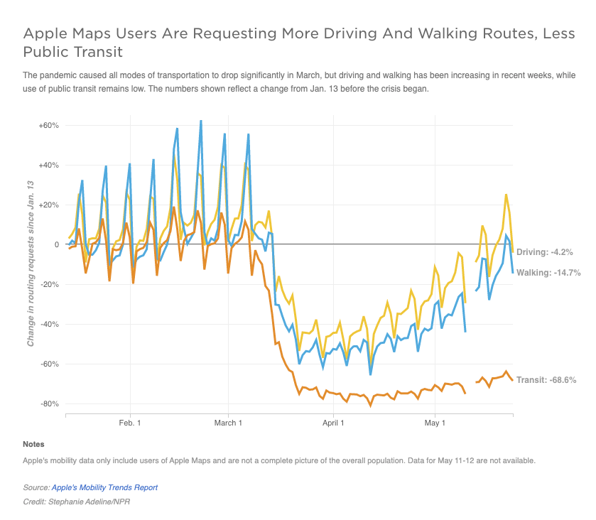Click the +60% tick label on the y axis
pyautogui.click(x=49, y=126)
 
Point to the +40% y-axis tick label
pyautogui.click(x=49, y=166)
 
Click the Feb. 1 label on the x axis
pyautogui.click(x=131, y=423)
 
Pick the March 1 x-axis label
pyautogui.click(x=228, y=423)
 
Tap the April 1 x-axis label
pyautogui.click(x=333, y=423)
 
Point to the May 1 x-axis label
pyautogui.click(x=435, y=423)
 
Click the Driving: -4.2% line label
pyautogui.click(x=544, y=252)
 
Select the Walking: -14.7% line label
pyautogui.click(x=548, y=273)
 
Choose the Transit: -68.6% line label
pyautogui.click(x=546, y=380)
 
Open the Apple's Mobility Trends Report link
pyautogui.click(x=104, y=488)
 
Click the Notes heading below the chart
pyautogui.click(x=33, y=445)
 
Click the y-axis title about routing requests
pyautogui.click(x=31, y=264)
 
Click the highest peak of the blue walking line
pyautogui.click(x=200, y=121)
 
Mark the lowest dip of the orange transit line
pyautogui.click(x=370, y=406)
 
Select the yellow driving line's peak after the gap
pyautogui.click(x=506, y=195)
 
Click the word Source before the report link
pyautogui.click(x=36, y=488)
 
